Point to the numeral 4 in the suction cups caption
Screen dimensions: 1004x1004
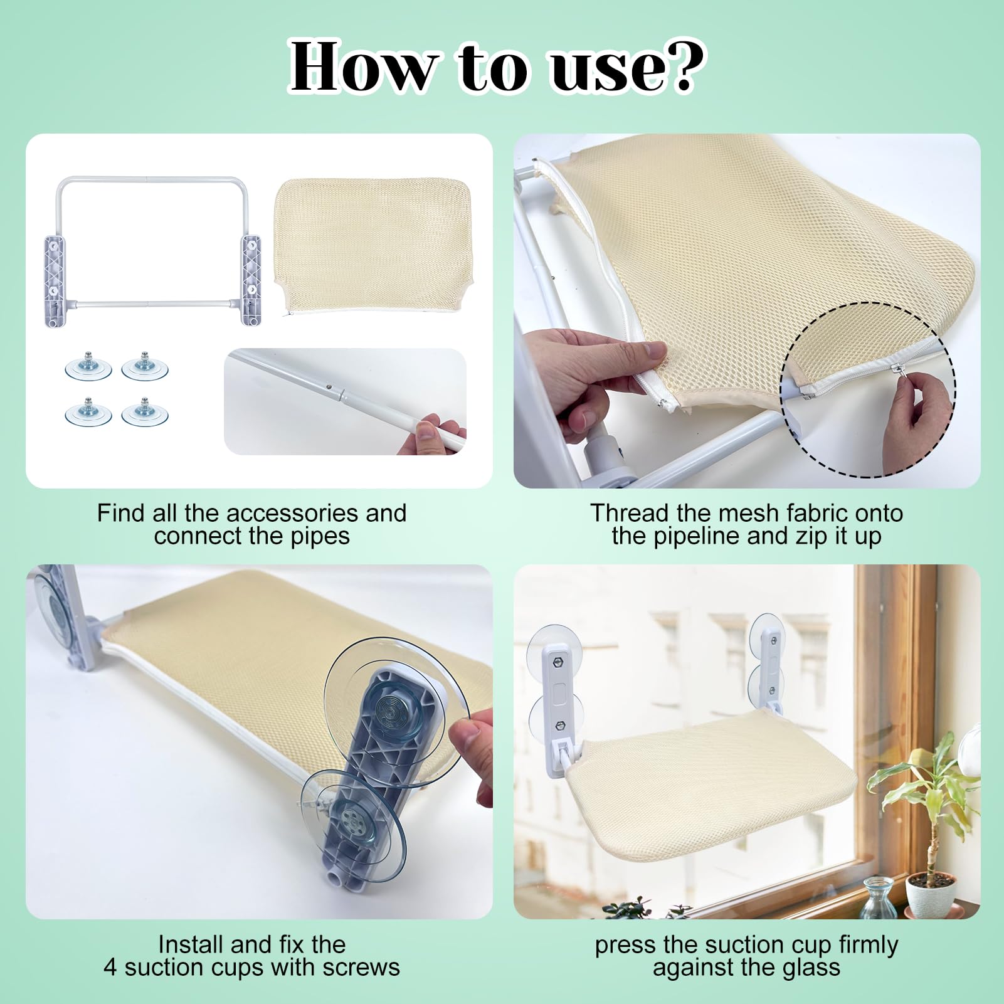110,967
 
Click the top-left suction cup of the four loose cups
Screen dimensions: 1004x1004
88,366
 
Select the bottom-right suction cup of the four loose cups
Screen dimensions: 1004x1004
145,411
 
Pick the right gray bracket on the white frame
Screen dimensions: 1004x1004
251,278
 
